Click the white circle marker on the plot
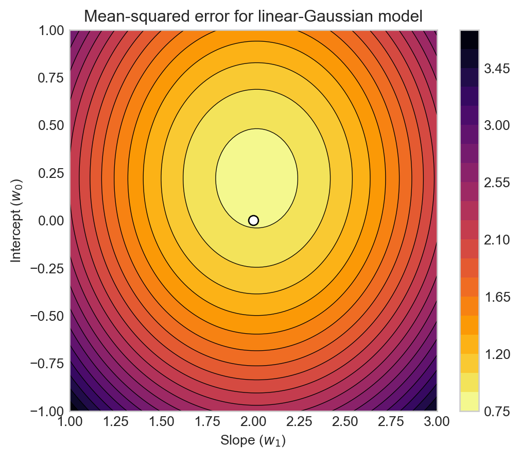point(253,220)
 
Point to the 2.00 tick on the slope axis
point(253,421)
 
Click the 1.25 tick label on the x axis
point(116,421)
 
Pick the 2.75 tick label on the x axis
point(391,421)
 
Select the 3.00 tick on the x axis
point(437,421)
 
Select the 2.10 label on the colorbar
point(495,240)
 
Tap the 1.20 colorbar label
point(495,354)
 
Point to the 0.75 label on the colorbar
point(495,411)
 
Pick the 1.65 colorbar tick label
point(495,297)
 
